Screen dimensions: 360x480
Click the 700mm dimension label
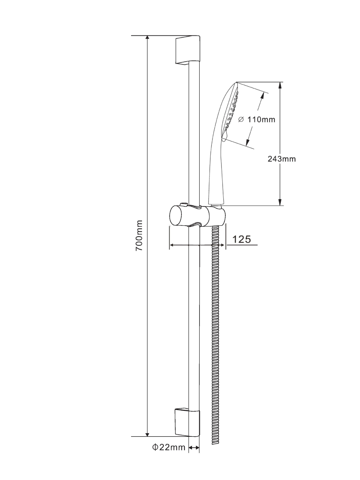pyautogui.click(x=139, y=235)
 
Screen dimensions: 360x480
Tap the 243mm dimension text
pyautogui.click(x=282, y=159)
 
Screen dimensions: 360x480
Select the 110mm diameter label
pyautogui.click(x=257, y=119)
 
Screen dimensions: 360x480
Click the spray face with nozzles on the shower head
pyautogui.click(x=232, y=114)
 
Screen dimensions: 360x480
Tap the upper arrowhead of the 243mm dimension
pyautogui.click(x=280, y=85)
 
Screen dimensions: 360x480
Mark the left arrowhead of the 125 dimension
pyautogui.click(x=172, y=245)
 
